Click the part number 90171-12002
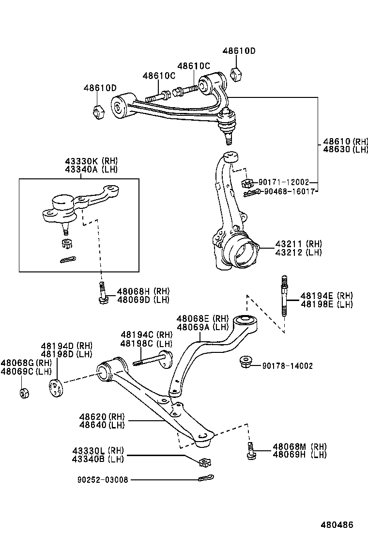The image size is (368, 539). tap(283, 182)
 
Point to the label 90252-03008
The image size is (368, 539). tap(102, 479)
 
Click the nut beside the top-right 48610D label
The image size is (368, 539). tap(236, 74)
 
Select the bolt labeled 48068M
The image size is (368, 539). tap(251, 451)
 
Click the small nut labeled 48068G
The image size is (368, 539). tap(23, 392)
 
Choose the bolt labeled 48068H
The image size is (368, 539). tap(102, 295)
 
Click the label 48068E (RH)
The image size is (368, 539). tap(202, 318)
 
